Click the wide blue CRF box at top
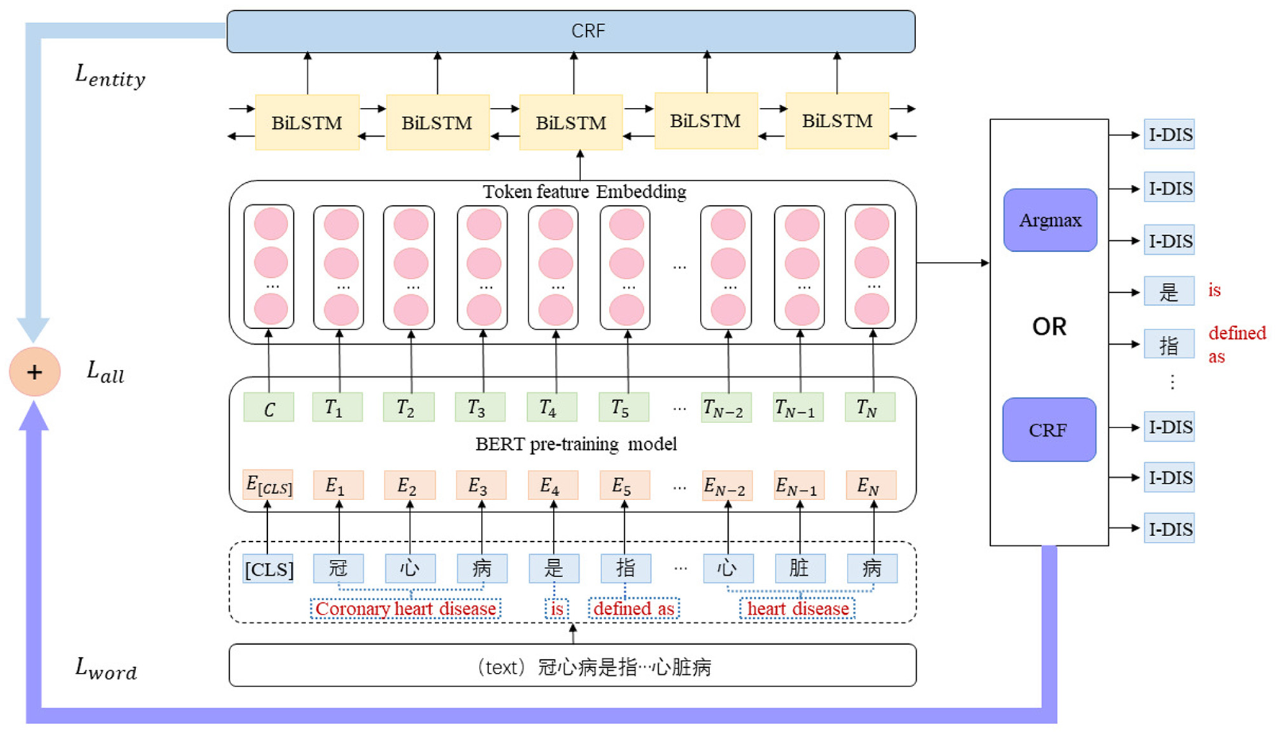[x=570, y=31]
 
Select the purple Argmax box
[x=1050, y=220]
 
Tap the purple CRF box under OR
[x=1049, y=430]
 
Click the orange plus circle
[x=35, y=372]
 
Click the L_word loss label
[x=106, y=669]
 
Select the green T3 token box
[x=480, y=407]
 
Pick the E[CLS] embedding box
[x=268, y=485]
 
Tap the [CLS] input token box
[x=268, y=569]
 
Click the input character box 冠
[x=338, y=568]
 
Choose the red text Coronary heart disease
[x=405, y=609]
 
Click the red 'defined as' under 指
[x=634, y=609]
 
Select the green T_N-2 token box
[x=726, y=408]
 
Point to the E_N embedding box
[x=871, y=486]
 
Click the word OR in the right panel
[x=1049, y=327]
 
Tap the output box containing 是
[x=1169, y=291]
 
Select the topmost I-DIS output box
[x=1169, y=135]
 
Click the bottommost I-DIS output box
[x=1169, y=529]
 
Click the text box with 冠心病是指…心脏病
[x=572, y=666]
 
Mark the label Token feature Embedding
[x=584, y=192]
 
